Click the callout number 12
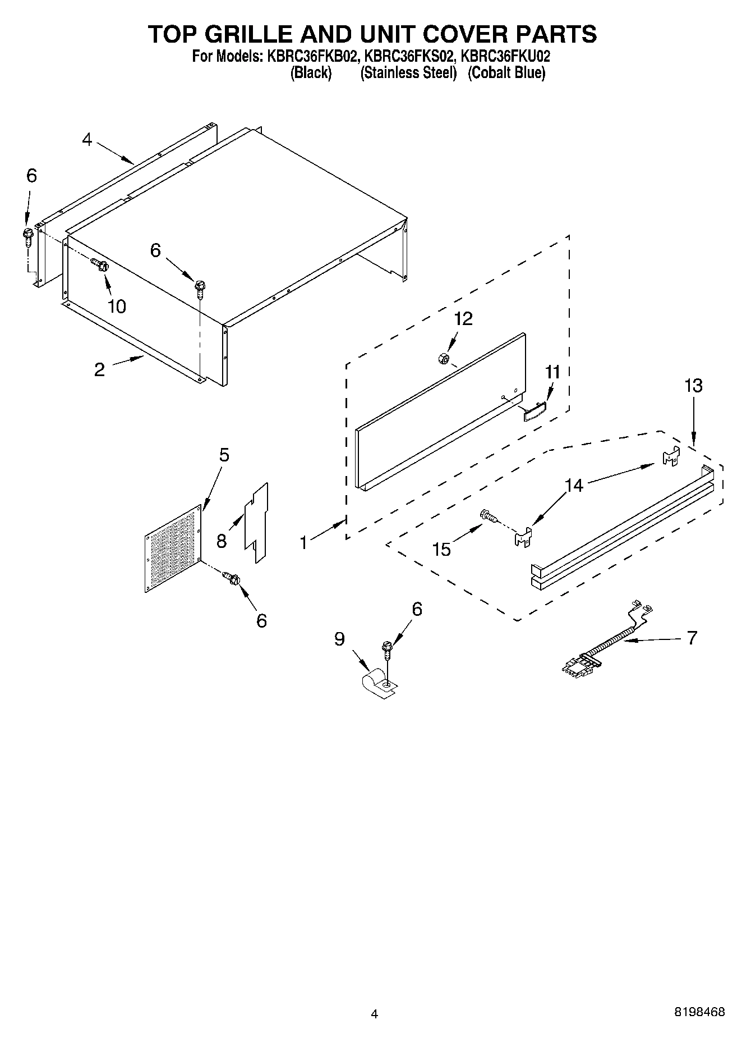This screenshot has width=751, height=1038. point(463,319)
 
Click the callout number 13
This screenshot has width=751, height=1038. point(693,386)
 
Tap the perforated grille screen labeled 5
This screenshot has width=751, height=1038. point(172,547)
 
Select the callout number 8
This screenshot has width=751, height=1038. point(222,541)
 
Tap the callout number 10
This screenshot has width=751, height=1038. point(117,307)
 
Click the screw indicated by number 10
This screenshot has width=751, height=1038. point(100,264)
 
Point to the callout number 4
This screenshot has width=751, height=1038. point(86,139)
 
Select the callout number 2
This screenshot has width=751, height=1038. point(99,369)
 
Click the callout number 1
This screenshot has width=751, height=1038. point(303,542)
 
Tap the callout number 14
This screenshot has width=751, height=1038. point(574,485)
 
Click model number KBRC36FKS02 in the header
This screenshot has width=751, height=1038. point(409,56)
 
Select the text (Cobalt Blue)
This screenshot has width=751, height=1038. point(506,73)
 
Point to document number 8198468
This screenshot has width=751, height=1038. point(699,1012)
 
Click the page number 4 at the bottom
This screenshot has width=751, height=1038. point(374,1014)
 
